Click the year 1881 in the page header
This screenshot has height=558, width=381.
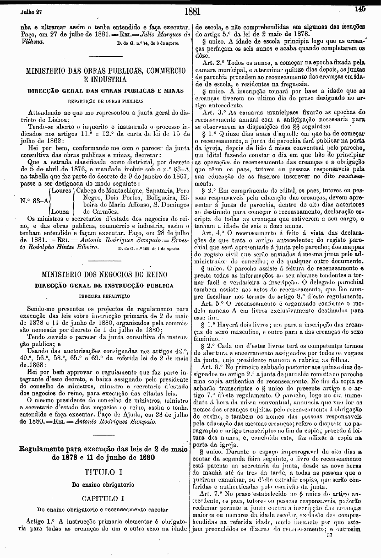[x=192, y=10]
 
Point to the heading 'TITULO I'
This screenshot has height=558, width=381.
[x=105, y=472]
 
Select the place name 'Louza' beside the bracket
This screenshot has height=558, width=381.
[x=61, y=212]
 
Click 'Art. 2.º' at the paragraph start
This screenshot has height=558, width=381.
[x=213, y=63]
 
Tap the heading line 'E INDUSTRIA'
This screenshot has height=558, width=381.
[x=105, y=79]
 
